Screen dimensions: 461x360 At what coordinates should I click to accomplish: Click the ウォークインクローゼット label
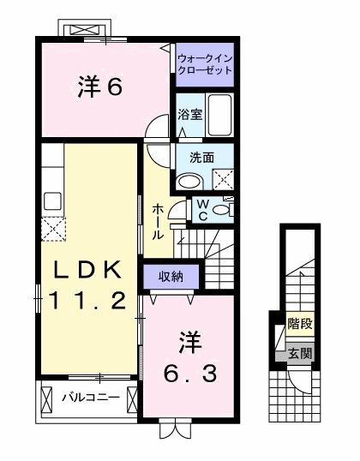[x=204, y=64]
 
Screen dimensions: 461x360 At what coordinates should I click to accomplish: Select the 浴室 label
[x=189, y=115]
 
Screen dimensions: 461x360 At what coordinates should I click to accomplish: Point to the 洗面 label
[x=189, y=158]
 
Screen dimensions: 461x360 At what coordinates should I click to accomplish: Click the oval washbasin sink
[x=189, y=180]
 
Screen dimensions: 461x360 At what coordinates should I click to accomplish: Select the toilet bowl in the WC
[x=222, y=209]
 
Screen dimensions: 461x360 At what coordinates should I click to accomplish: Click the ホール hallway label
[x=159, y=220]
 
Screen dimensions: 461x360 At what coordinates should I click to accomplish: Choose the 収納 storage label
[x=171, y=276]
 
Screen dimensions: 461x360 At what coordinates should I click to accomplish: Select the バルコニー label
[x=84, y=398]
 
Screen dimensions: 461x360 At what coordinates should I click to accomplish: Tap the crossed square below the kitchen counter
[x=52, y=229]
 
